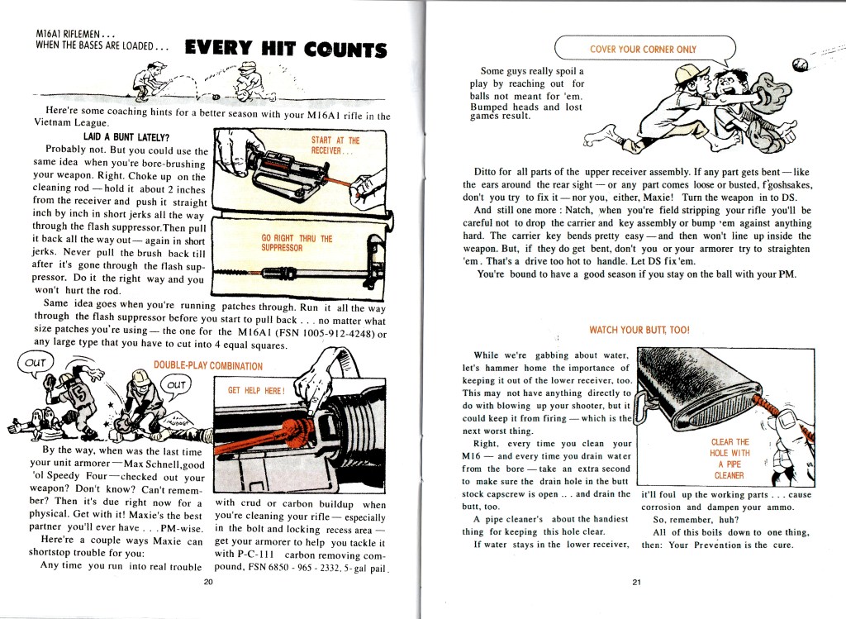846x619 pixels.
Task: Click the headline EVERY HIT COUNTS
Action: click(x=286, y=49)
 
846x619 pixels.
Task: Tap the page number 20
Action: click(x=208, y=582)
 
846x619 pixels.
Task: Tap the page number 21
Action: click(x=637, y=582)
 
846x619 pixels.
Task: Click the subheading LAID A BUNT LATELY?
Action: click(x=126, y=137)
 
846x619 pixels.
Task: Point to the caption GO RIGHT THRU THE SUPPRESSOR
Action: click(x=297, y=243)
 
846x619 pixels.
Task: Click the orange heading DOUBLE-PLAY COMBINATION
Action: click(x=208, y=365)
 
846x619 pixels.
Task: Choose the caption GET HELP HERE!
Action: click(x=256, y=390)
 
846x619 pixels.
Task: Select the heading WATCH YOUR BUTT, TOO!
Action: click(x=639, y=330)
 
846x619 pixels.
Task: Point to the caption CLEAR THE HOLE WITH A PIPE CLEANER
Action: click(x=730, y=459)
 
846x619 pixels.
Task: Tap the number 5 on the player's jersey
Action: click(x=78, y=395)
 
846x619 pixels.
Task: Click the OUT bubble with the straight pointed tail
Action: click(x=176, y=385)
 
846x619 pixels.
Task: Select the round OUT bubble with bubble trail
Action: click(x=35, y=362)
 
